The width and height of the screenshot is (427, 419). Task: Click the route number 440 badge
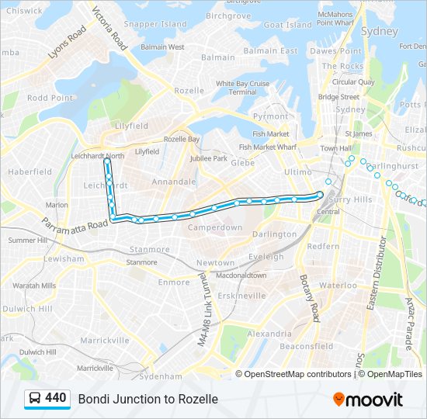pos(47,398)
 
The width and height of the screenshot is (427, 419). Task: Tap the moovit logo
pos(368,400)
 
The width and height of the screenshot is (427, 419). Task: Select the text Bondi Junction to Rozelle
pos(148,399)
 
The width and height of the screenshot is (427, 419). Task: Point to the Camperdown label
pos(214,228)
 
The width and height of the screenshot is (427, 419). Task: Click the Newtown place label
pos(214,263)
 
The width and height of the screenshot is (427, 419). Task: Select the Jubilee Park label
pos(209,158)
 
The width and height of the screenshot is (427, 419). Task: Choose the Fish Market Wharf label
pos(269,146)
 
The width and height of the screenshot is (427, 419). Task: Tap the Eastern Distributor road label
pos(376,274)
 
